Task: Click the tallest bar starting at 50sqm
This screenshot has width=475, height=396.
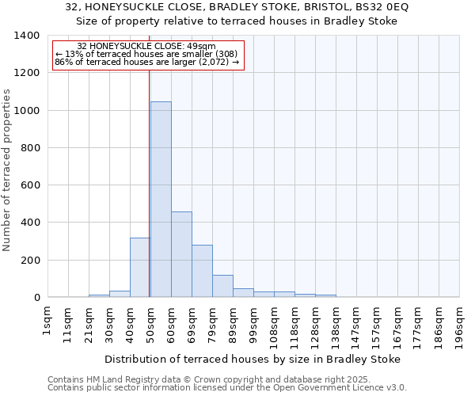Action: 161,199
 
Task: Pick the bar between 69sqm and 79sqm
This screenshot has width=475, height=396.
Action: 202,271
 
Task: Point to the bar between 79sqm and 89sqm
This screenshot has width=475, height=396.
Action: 222,286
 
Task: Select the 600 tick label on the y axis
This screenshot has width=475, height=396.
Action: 31,185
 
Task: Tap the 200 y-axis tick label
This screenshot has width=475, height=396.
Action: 31,260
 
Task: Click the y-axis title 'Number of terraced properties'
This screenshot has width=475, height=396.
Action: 8,170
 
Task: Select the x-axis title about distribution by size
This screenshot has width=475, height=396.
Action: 253,359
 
